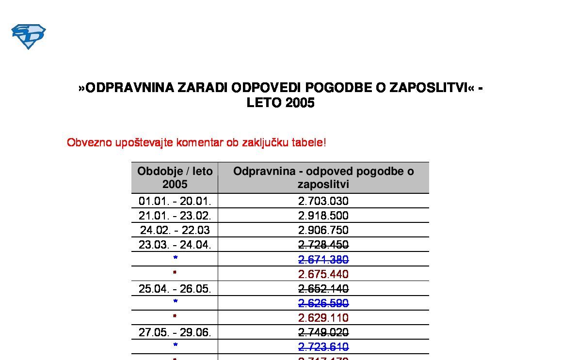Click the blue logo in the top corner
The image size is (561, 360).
(29, 36)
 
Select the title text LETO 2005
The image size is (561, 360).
(280, 103)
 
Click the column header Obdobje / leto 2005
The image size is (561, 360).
(175, 178)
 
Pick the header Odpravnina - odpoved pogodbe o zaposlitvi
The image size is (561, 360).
(323, 178)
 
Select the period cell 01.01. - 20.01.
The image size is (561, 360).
(175, 201)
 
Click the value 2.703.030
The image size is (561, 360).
(323, 201)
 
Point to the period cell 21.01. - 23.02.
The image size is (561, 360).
(175, 216)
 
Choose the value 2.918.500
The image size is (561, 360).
(323, 216)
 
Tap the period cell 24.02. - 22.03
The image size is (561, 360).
(175, 230)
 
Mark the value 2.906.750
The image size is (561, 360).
(323, 230)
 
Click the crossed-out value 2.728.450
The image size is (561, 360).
(323, 245)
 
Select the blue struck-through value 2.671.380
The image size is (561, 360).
(323, 260)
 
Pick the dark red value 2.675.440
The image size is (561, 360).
(323, 274)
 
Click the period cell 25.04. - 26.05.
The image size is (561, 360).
(175, 289)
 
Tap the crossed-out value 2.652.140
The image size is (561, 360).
(323, 289)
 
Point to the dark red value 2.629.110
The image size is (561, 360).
(323, 318)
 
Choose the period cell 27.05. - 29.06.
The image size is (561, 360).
(175, 332)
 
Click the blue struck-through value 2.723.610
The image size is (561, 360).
(323, 347)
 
